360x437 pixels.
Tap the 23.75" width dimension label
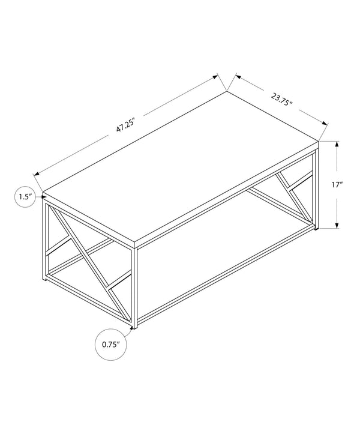coord(281,99)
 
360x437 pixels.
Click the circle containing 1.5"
coord(25,197)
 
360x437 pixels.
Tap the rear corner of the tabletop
coord(227,92)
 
